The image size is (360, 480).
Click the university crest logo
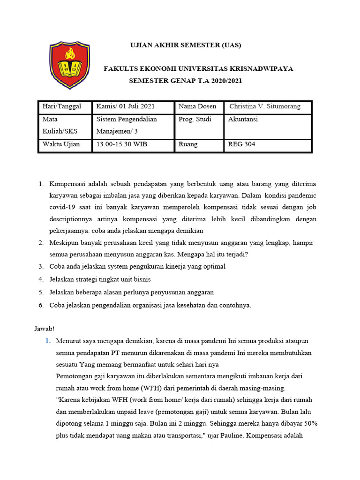click(x=69, y=65)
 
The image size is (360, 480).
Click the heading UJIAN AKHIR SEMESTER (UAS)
click(x=185, y=45)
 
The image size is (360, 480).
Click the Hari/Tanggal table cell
click(x=62, y=106)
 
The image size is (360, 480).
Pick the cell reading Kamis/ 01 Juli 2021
click(x=125, y=106)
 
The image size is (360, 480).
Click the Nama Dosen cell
click(x=197, y=106)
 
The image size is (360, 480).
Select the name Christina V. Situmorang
click(x=264, y=106)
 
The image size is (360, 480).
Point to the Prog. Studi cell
click(x=195, y=119)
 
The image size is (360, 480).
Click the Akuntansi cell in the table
click(x=243, y=119)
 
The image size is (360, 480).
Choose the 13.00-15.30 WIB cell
click(x=121, y=144)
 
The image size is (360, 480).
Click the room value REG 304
click(x=241, y=144)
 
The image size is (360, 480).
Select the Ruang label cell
click(x=188, y=144)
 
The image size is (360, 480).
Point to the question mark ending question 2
click(x=246, y=255)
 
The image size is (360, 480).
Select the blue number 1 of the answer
click(x=47, y=341)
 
